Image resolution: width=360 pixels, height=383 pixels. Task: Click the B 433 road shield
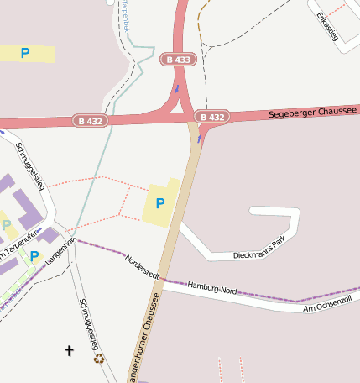click(178, 60)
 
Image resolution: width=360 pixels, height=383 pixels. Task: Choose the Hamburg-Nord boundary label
click(212, 288)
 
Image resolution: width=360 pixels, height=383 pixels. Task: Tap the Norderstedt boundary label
click(143, 267)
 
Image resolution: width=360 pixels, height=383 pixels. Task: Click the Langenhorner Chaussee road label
click(144, 340)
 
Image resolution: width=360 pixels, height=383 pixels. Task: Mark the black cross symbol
click(70, 350)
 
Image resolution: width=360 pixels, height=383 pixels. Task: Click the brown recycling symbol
click(99, 359)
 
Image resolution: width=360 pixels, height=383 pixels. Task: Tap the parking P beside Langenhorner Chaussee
click(160, 203)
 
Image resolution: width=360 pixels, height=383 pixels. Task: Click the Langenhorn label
click(60, 252)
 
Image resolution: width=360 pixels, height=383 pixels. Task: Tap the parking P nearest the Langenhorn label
click(34, 255)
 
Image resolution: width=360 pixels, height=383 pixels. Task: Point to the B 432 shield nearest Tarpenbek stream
click(91, 121)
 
